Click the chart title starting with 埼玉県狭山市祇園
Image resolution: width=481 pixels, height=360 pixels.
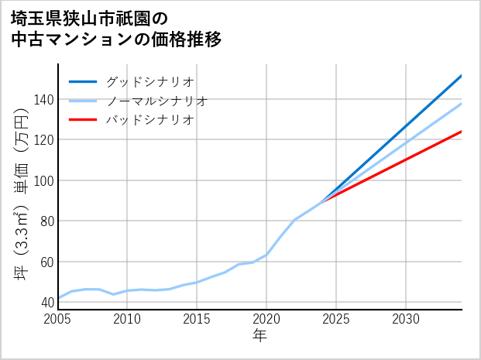click(x=116, y=29)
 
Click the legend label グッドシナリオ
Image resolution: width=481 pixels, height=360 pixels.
click(x=149, y=81)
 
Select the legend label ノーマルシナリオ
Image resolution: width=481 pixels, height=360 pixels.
click(x=156, y=101)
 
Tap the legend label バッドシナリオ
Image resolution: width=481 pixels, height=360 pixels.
click(x=149, y=120)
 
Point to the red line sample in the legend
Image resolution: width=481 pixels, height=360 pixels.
click(x=83, y=120)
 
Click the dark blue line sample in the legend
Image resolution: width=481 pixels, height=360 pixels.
click(x=83, y=81)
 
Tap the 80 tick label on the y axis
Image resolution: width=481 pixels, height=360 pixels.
click(x=46, y=221)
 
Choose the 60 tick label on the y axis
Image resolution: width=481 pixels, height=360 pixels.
click(x=46, y=262)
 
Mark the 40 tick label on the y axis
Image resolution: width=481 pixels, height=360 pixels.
click(x=46, y=302)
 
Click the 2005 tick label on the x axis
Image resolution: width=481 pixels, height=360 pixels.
click(x=58, y=319)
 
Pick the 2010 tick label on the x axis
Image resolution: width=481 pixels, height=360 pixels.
click(x=128, y=319)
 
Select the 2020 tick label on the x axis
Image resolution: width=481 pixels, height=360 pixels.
click(x=266, y=319)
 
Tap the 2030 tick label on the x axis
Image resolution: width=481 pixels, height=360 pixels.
click(x=406, y=319)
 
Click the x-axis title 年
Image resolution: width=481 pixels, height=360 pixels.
click(x=260, y=336)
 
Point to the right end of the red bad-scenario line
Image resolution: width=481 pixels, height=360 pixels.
click(x=461, y=132)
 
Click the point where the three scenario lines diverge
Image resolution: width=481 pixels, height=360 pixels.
click(x=321, y=203)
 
